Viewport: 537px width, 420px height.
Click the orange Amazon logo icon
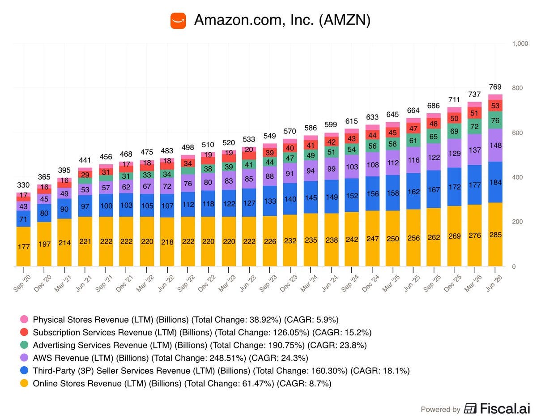[x=178, y=21]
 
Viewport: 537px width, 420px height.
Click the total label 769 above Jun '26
[x=495, y=87]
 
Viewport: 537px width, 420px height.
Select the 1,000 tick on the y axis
[x=520, y=43]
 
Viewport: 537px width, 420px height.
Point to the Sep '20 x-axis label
[x=22, y=283]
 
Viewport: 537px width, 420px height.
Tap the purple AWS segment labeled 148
[x=495, y=145]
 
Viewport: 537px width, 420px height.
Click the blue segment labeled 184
[x=495, y=182]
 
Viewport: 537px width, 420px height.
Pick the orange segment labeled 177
[x=23, y=246]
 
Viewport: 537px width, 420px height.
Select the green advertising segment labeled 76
[x=495, y=120]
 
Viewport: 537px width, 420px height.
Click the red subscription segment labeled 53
[x=495, y=106]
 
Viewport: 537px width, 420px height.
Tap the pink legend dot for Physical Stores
[x=24, y=319]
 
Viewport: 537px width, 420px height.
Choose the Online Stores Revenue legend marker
[x=24, y=383]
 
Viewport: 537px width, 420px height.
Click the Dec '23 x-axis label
[x=289, y=283]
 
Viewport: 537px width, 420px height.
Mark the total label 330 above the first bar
[x=23, y=185]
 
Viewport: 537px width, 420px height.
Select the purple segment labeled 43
[x=23, y=206]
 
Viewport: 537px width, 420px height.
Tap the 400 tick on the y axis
[x=517, y=177]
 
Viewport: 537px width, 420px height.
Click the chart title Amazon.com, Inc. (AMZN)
[x=282, y=20]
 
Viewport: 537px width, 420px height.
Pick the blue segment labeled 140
[x=290, y=199]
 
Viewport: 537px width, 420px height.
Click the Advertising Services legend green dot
[x=24, y=345]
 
